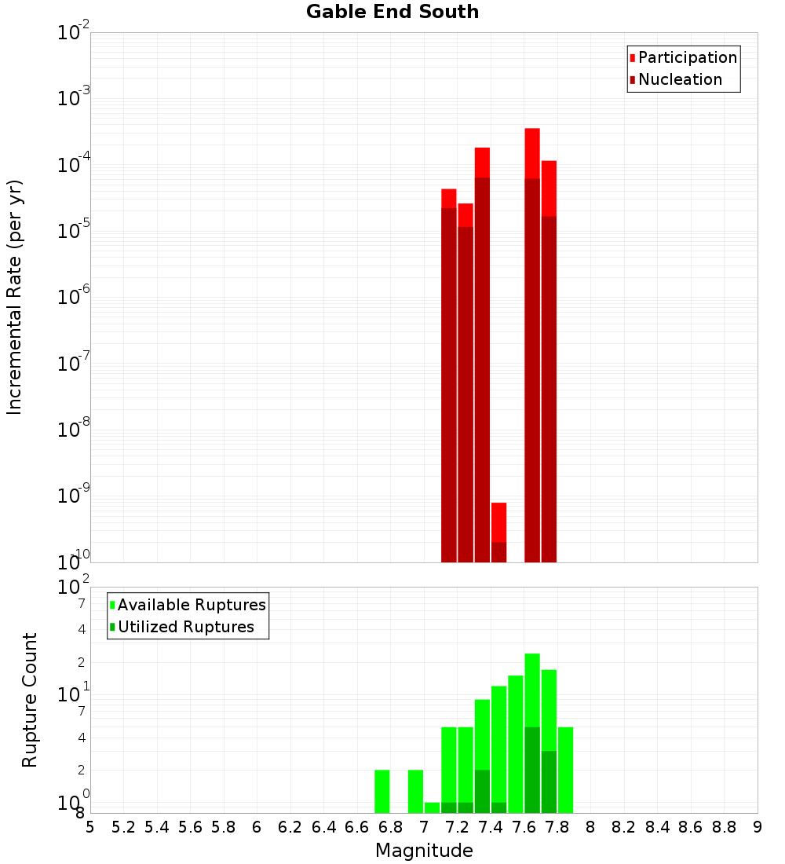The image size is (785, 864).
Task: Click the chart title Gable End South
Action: (392, 12)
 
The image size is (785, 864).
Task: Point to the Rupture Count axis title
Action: (30, 700)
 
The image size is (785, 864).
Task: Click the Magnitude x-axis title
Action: (424, 851)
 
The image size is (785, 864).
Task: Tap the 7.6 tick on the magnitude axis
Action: (524, 826)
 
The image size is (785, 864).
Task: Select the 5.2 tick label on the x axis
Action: (124, 826)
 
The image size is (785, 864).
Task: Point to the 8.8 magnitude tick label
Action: (725, 826)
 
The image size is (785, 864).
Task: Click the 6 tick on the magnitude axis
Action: (257, 826)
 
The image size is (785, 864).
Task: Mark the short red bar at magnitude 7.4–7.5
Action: (498, 522)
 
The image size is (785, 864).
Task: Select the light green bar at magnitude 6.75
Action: (382, 791)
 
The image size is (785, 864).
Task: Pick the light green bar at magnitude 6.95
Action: (415, 791)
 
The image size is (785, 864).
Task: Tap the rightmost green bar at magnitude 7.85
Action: (565, 770)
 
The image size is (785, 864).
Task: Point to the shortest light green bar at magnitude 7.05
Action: (432, 807)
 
